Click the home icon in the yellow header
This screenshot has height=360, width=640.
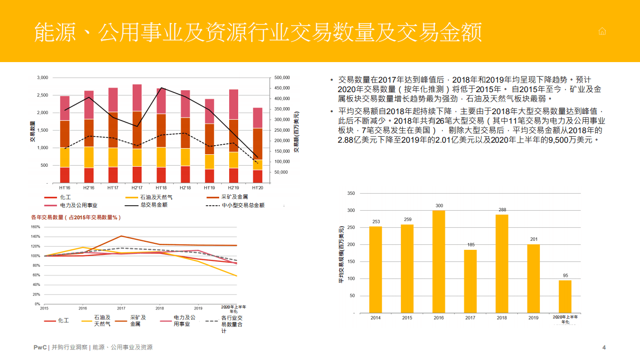(x=602, y=32)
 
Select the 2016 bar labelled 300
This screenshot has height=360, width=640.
(x=438, y=261)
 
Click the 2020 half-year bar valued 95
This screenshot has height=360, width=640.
(x=565, y=296)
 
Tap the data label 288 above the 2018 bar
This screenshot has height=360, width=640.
(x=501, y=210)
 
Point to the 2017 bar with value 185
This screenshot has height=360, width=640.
(x=470, y=281)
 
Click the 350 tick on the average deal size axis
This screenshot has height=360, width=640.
(x=351, y=193)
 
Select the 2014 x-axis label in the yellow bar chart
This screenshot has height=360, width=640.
(x=375, y=318)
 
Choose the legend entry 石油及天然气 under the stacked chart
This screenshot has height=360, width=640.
(x=156, y=197)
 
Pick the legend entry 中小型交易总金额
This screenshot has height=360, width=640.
(x=243, y=205)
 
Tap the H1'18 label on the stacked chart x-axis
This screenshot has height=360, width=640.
(x=161, y=188)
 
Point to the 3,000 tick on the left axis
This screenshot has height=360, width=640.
(x=42, y=78)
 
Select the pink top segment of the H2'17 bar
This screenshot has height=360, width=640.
(x=137, y=98)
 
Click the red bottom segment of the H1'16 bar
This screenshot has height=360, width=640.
(x=65, y=175)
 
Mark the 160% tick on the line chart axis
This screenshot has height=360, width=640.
(x=36, y=227)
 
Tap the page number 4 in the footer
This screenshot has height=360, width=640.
(x=604, y=347)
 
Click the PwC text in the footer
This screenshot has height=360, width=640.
(x=40, y=347)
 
